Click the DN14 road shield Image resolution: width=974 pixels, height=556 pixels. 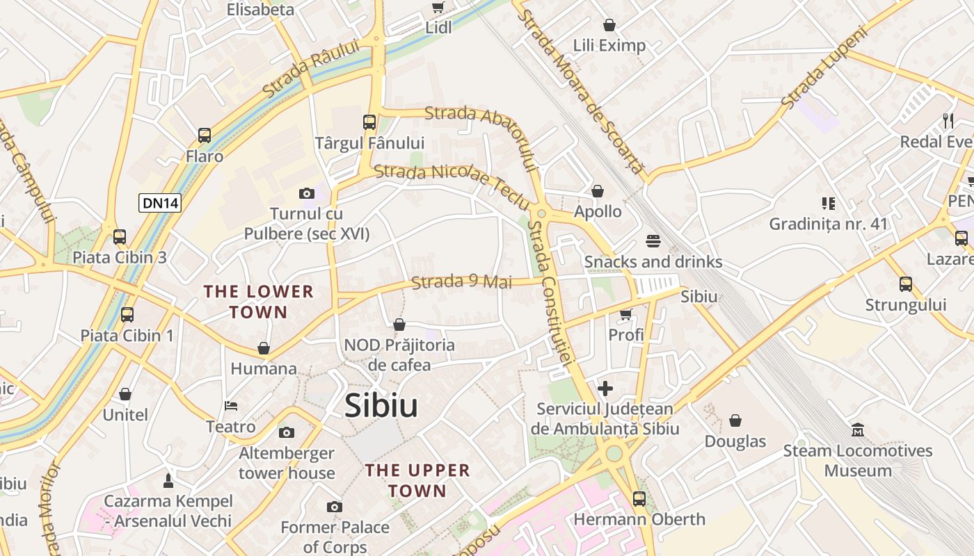point(160,203)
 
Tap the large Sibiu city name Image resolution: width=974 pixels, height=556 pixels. point(381,406)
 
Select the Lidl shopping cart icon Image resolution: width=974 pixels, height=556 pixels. point(438,8)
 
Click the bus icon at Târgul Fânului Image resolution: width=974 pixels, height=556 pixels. point(369,122)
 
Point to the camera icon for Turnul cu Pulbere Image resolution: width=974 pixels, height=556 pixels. point(306,193)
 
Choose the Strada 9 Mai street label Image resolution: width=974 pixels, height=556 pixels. point(461,281)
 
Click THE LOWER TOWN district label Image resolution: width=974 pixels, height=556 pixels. point(259,302)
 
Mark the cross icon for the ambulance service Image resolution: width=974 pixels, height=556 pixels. point(605,388)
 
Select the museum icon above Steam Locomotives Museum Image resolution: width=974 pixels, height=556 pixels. point(858,430)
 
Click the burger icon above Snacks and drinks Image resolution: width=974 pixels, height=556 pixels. point(653,241)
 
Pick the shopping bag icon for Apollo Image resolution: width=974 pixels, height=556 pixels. point(597,191)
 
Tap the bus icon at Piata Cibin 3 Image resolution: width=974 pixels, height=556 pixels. point(120,237)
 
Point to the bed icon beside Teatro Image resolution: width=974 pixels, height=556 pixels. point(231,406)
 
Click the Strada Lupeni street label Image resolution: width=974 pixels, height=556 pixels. point(825,67)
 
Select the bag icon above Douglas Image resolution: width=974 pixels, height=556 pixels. point(735,420)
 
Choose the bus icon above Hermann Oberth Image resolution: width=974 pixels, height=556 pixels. point(639,498)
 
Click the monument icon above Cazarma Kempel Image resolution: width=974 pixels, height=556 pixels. point(168,480)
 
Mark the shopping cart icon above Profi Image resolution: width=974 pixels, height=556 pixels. point(625,315)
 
